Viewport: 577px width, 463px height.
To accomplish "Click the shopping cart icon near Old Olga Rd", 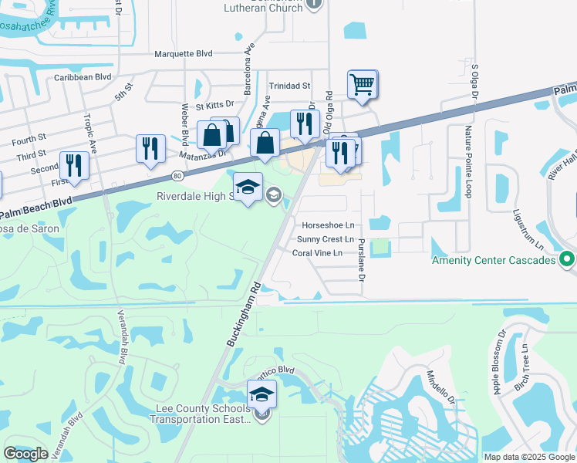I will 362,83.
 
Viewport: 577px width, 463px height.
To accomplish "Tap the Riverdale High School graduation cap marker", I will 248,188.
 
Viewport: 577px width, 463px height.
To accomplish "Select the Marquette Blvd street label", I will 184,54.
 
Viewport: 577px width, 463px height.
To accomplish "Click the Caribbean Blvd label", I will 83,77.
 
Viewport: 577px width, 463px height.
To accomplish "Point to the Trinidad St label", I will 289,86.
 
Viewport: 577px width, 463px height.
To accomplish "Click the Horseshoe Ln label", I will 328,225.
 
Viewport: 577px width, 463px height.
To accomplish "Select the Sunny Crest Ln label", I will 325,239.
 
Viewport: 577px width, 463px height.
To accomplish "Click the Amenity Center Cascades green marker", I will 568,260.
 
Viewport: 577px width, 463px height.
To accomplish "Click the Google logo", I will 25,454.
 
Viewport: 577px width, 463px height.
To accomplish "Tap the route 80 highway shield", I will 178,176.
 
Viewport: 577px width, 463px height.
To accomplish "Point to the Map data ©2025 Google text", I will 529,457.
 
